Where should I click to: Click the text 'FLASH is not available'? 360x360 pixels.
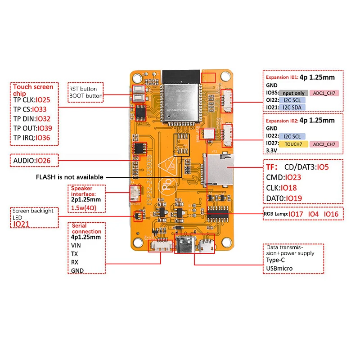[x=70, y=177]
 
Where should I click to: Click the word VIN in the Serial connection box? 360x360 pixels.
[x=76, y=246]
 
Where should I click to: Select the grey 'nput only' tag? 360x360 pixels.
[x=294, y=93]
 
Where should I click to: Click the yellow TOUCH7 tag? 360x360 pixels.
[x=293, y=144]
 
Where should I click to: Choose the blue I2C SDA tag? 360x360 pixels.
[x=292, y=107]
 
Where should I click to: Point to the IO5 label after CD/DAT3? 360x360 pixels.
[x=323, y=167]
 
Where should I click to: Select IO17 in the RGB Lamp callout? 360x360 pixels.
[x=296, y=214]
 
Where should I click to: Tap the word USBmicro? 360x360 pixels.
[x=279, y=269]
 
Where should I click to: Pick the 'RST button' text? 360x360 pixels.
[x=83, y=89]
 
